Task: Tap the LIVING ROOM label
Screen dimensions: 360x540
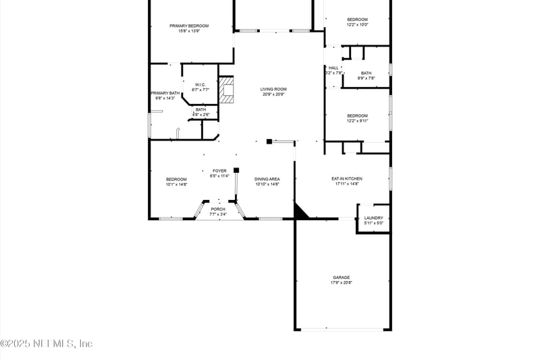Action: tap(274, 89)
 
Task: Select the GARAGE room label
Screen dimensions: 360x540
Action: tap(341, 277)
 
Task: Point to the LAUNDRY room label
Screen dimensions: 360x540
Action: tap(373, 217)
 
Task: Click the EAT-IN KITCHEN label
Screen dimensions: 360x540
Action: tap(347, 178)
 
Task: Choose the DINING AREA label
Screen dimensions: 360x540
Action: tap(267, 179)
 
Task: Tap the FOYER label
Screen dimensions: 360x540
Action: tap(220, 171)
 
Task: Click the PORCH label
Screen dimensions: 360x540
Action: tap(218, 209)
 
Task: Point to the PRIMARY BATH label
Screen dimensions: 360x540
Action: tap(165, 93)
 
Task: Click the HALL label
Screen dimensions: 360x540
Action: tap(333, 68)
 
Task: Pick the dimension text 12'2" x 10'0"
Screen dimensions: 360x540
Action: tap(357, 25)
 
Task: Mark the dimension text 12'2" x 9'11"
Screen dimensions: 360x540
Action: tap(357, 121)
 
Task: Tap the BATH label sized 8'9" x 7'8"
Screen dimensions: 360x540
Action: tap(367, 73)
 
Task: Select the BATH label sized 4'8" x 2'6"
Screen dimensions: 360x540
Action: tap(200, 109)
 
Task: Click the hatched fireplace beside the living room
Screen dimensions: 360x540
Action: tap(227, 89)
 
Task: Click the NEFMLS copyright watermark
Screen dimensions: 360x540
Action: tap(47, 343)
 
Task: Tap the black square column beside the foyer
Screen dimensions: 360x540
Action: tap(236, 170)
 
